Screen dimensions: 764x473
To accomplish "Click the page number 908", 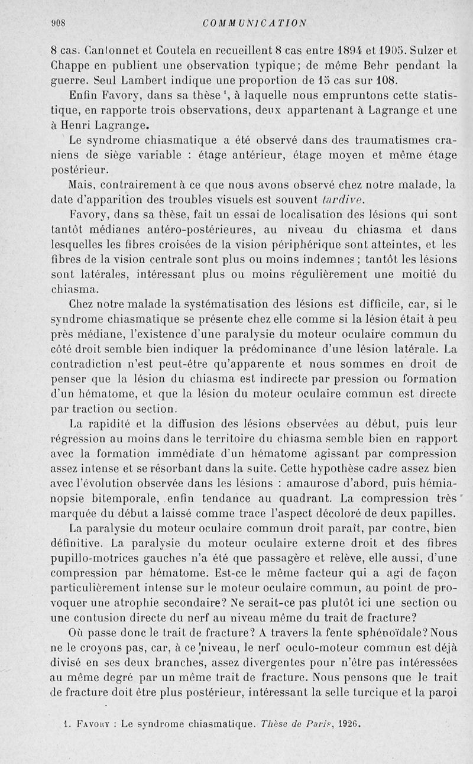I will pyautogui.click(x=57, y=23).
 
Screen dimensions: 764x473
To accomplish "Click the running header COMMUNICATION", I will pyautogui.click(x=254, y=23).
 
